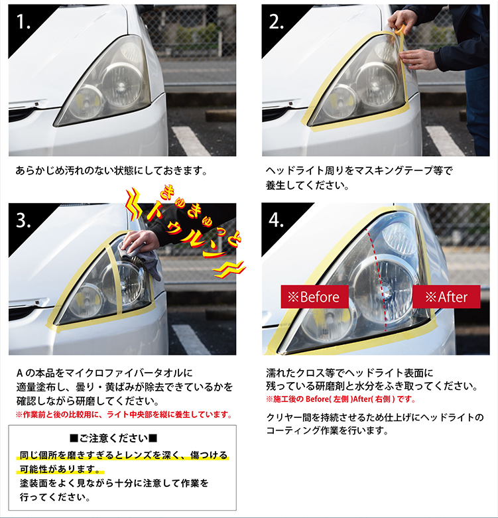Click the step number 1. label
pos(23,23)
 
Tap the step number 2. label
pos(277,23)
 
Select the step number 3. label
pos(23,220)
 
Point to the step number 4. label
pos(277,220)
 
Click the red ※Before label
pos(315,296)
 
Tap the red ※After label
pos(446,296)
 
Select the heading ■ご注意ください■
pos(113,438)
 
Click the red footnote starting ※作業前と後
pos(124,415)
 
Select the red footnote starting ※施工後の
pos(341,399)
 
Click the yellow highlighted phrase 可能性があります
pos(60,469)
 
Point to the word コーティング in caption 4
pos(291,430)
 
